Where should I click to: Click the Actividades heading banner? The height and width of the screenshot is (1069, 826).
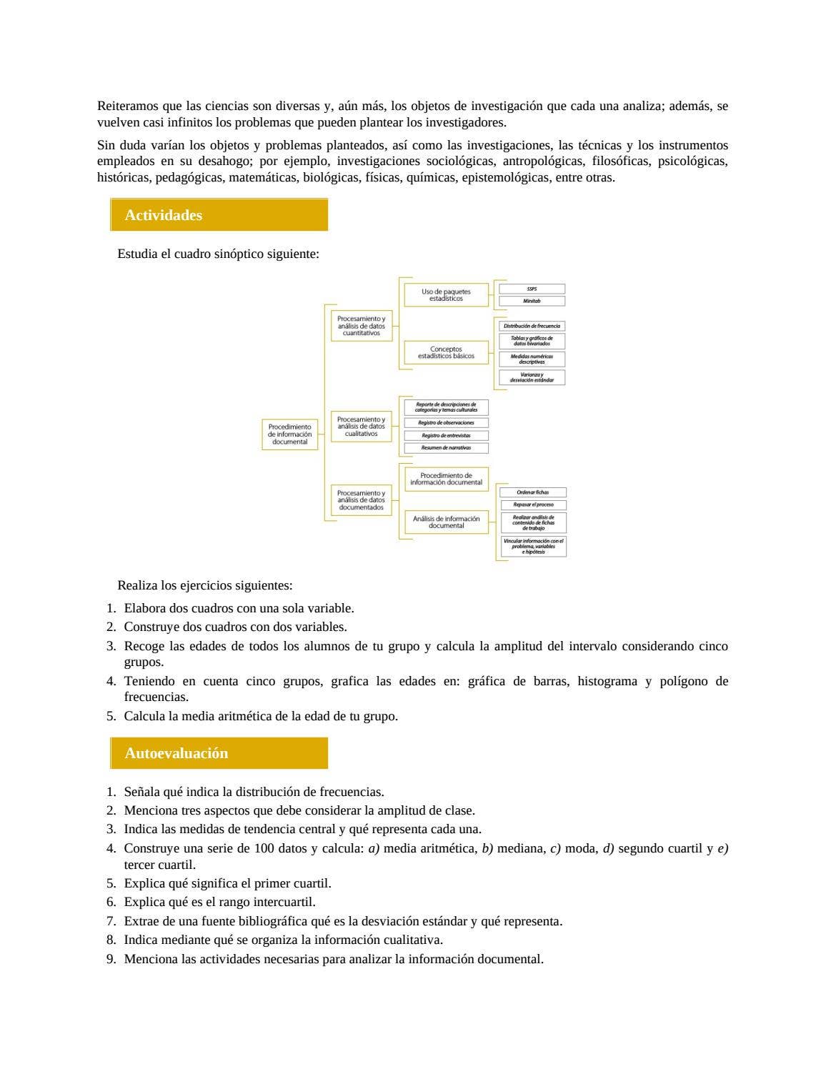219,215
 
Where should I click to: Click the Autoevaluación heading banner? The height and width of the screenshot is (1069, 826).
219,753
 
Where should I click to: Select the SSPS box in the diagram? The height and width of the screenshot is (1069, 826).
532,289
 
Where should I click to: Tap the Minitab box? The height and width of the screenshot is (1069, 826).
532,301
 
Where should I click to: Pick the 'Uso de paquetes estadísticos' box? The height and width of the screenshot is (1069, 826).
446,295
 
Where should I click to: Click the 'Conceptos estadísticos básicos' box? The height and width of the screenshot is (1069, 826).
446,352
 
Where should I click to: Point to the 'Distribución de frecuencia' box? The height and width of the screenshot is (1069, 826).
532,326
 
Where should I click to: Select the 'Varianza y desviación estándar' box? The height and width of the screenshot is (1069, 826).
532,377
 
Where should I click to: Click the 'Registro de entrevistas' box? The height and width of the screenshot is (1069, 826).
446,435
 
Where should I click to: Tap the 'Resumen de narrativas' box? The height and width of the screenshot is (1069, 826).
446,448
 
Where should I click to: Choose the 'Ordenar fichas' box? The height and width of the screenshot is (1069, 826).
532,492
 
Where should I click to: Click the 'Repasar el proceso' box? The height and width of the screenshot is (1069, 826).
532,504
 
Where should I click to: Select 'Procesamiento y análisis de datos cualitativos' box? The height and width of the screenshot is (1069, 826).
361,427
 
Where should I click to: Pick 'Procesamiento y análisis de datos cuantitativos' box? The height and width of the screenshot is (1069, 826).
361,326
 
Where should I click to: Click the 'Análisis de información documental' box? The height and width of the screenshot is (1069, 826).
446,522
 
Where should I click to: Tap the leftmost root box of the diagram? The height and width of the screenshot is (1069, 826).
289,434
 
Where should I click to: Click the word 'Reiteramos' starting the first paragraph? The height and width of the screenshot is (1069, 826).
128,106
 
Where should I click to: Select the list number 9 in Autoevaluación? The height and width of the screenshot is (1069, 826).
111,959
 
